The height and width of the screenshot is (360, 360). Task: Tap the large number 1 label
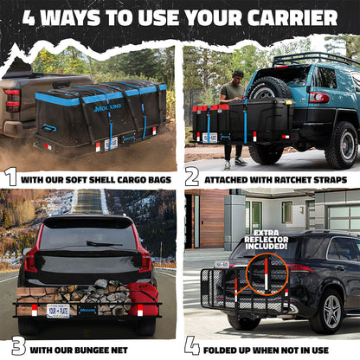coord(11,177)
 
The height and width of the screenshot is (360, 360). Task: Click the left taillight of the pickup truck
coord(12,98)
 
